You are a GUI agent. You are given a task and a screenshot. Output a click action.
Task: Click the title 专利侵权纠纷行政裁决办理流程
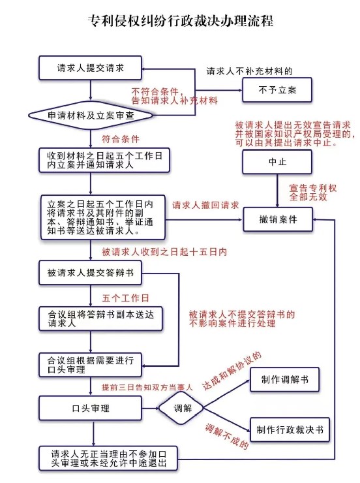coord(180,22)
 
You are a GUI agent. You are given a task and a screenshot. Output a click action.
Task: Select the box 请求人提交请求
coord(90,68)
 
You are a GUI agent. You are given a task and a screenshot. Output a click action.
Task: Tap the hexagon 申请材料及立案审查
coord(91,116)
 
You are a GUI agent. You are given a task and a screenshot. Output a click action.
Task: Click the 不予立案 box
coord(277,90)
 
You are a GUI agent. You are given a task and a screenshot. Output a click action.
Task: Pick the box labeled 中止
coord(277,162)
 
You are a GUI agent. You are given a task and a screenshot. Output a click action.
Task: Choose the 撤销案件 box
coord(278,219)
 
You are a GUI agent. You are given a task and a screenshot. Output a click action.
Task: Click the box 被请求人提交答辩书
coord(90,273)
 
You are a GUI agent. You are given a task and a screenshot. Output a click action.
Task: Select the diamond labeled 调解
coord(181,409)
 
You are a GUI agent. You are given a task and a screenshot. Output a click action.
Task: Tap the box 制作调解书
coord(284,379)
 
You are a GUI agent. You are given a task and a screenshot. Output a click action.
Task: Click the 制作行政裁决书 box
coord(290,429)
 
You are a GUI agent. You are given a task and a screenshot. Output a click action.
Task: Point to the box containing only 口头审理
coord(90,409)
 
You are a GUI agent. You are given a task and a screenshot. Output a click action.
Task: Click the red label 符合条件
coord(121,139)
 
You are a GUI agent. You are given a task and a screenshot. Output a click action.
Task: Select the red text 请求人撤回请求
coord(205,205)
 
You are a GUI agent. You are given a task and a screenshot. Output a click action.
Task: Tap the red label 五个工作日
coord(125,298)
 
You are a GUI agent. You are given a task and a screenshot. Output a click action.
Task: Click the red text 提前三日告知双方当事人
coord(147,387)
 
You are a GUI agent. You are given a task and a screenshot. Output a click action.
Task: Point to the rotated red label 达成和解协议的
coord(232,371)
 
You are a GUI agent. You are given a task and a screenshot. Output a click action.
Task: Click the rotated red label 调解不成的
coord(227,437)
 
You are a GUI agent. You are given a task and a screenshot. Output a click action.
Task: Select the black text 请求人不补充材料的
coord(249,71)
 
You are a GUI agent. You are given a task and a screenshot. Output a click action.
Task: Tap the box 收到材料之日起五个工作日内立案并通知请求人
coord(104,160)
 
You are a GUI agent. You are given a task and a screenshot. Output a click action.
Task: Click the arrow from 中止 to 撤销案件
coord(277,191)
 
